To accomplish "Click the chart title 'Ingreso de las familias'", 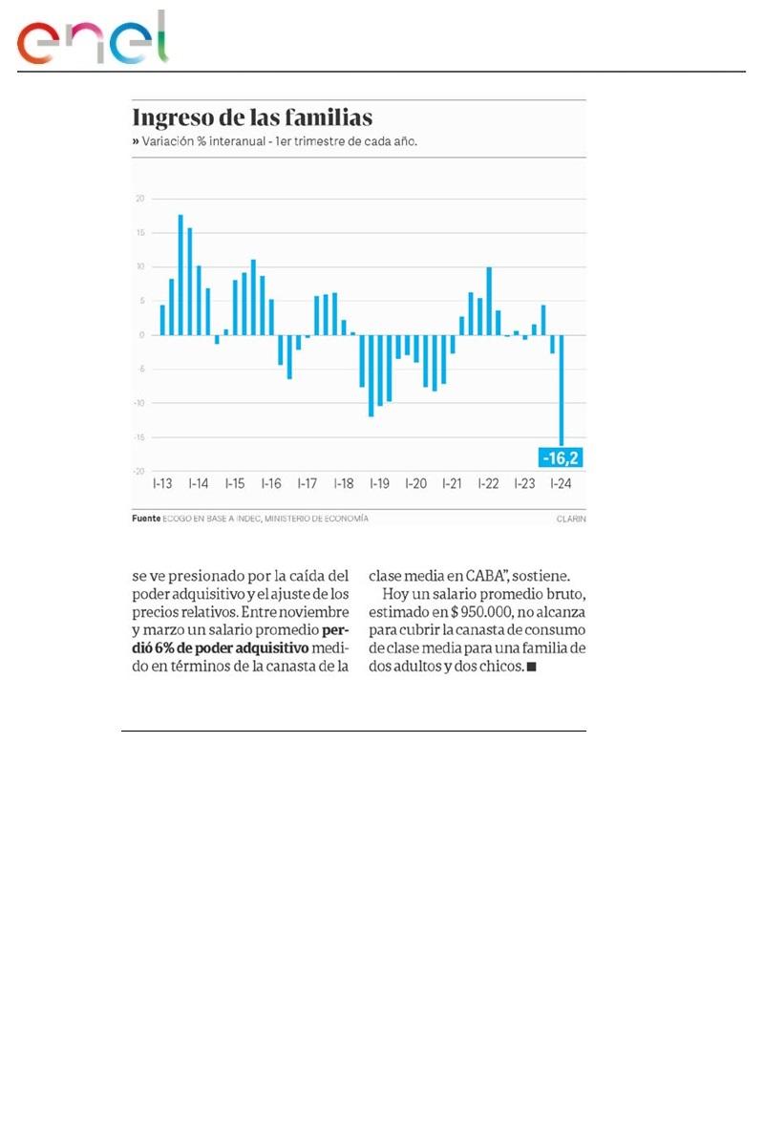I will click(x=252, y=118).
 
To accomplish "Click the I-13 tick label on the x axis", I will click(x=162, y=484).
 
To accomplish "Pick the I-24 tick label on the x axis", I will click(x=561, y=484).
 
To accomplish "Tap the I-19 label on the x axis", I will click(x=379, y=484).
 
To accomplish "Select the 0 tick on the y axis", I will click(x=141, y=335).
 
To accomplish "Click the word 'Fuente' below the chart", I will click(x=145, y=519).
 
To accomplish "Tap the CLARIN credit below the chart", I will click(x=570, y=519).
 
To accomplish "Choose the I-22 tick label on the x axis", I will click(x=488, y=484).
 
